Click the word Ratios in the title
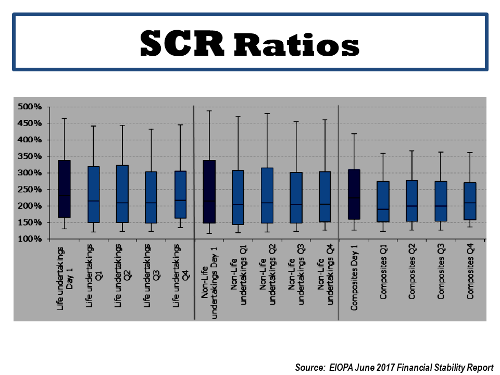point(296,43)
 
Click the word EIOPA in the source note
point(340,367)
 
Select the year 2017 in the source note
point(387,367)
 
